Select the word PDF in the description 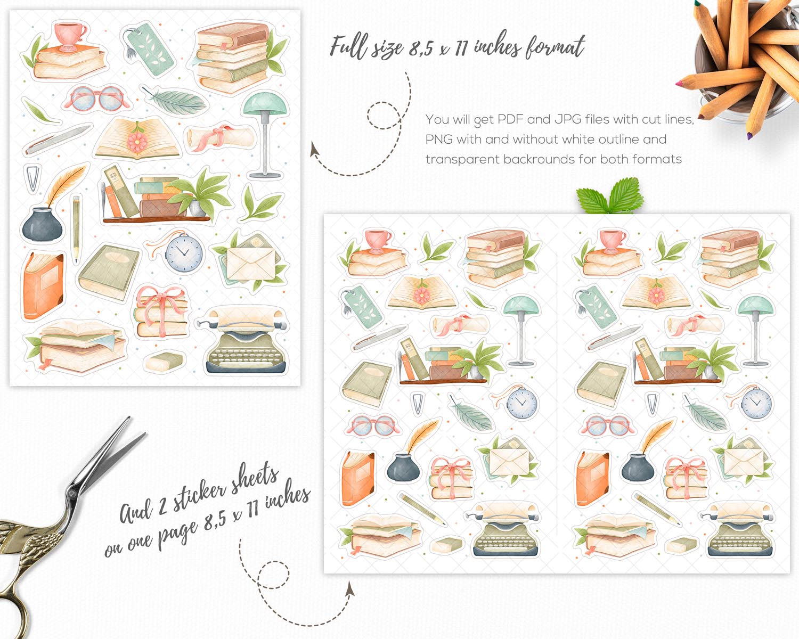[x=511, y=120]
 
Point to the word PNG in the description [x=439, y=140]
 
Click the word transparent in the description [x=462, y=160]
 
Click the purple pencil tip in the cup [x=749, y=136]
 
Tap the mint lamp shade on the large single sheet [x=265, y=103]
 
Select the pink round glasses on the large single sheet [x=97, y=99]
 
